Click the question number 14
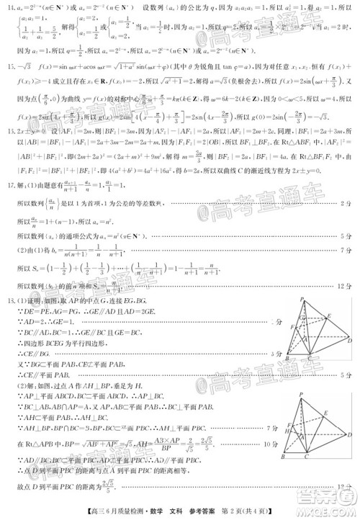pos(10,6)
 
